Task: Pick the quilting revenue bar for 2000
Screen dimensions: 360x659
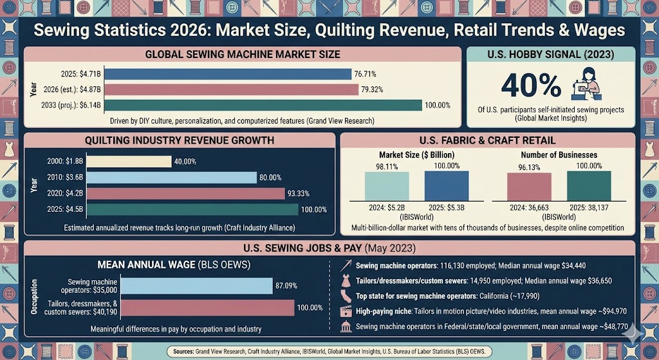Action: pos(129,162)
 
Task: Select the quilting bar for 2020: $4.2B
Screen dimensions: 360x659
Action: pos(185,193)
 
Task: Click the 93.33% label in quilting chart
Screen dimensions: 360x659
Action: pos(302,194)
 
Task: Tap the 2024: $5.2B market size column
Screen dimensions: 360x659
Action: pos(386,187)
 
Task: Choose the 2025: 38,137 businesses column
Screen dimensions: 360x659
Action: pos(589,186)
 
